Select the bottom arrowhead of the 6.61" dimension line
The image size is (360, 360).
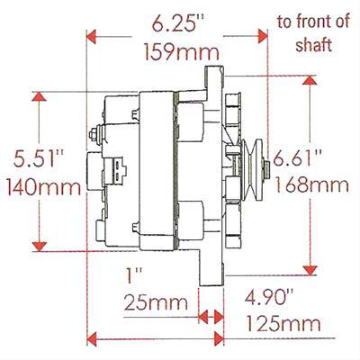click(x=311, y=271)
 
